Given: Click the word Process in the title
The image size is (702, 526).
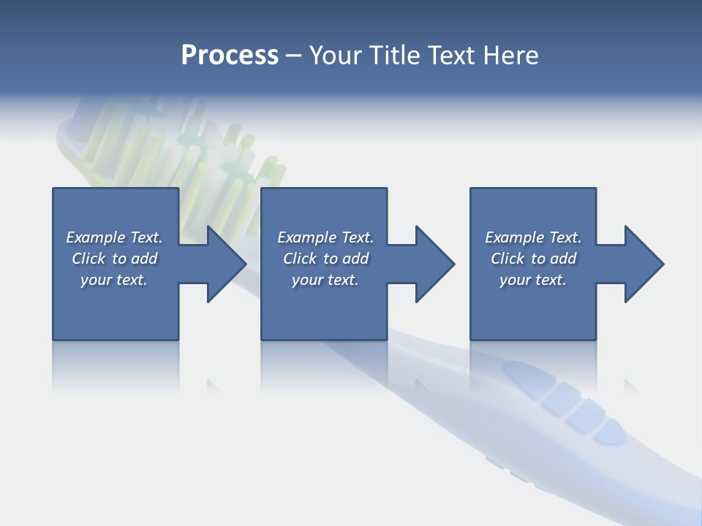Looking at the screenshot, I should pos(230,56).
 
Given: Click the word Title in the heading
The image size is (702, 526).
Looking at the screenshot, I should pos(394,56).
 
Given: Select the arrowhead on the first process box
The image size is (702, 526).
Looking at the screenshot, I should pos(224,264).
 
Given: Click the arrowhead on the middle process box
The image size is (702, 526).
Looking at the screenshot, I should pos(433,264).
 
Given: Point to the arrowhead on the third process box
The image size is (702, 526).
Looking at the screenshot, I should pos(642,264).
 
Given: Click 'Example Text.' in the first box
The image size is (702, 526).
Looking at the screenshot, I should pos(114,237).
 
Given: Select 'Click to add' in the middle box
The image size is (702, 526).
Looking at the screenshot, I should pos(325,259).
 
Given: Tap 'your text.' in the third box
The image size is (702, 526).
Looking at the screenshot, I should pos(532,280).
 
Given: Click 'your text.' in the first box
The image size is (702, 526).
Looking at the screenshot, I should pos(114,280).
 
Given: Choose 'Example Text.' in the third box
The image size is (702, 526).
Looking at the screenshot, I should pos(533,237).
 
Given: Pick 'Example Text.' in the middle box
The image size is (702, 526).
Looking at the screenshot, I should pos(325,237).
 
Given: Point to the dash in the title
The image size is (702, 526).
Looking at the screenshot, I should pos(294,56).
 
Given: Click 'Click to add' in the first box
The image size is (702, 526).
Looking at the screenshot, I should pos(114,259).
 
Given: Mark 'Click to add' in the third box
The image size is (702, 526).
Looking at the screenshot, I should pos(533,259).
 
